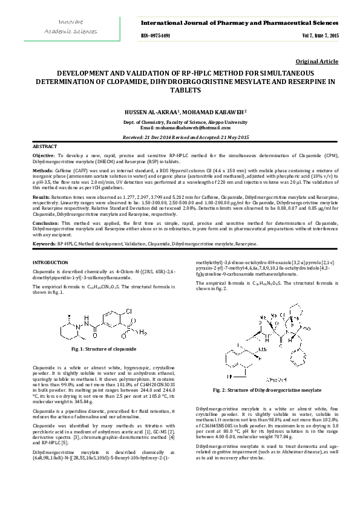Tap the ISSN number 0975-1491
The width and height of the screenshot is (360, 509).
(x=155, y=36)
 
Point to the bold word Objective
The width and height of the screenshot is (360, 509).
(x=43, y=156)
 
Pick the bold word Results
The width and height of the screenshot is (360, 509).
(x=41, y=197)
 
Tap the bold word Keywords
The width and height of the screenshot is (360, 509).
(x=44, y=243)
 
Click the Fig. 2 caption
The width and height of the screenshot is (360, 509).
(x=266, y=391)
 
